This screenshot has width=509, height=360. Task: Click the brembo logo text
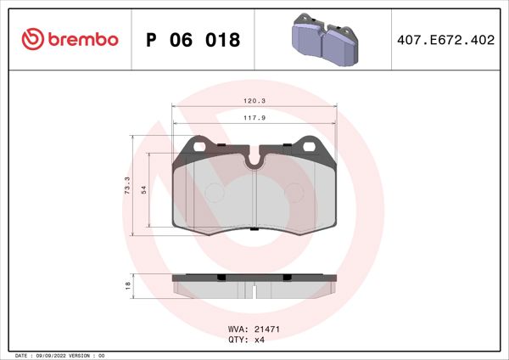click(82, 39)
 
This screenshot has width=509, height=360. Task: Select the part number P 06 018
click(193, 40)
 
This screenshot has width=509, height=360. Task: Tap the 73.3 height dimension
click(126, 184)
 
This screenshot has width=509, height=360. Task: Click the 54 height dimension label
click(143, 190)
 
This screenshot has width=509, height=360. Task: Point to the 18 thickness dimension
click(126, 285)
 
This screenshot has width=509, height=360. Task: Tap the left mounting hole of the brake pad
click(200, 146)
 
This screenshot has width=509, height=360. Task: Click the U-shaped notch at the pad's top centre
click(255, 159)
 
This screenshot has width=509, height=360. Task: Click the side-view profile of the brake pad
click(255, 286)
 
